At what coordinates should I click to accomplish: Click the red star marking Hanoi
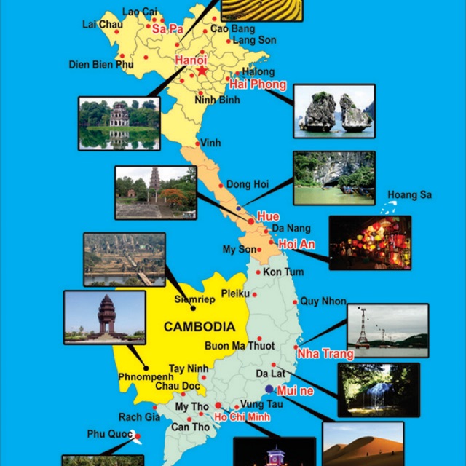tap(202, 72)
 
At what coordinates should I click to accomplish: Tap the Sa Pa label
tap(167, 29)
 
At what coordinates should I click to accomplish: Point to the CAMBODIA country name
tap(199, 327)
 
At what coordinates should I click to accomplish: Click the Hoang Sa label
tap(409, 195)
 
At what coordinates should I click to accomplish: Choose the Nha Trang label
tap(325, 354)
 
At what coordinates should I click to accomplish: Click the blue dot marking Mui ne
tap(269, 389)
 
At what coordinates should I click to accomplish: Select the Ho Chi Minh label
tap(242, 417)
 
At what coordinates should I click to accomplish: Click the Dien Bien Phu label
tap(102, 64)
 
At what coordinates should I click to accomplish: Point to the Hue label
tap(269, 217)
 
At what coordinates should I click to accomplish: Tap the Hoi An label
tap(296, 245)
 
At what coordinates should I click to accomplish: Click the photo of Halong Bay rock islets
tap(334, 111)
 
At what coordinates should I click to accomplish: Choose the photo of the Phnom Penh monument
tap(105, 317)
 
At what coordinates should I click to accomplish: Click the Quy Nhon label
tap(323, 301)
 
